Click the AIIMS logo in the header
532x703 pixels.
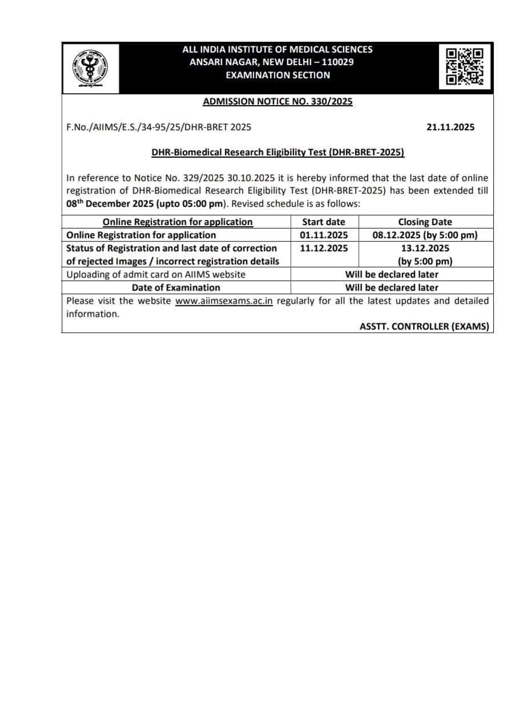coord(90,68)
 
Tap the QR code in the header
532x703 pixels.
coord(465,66)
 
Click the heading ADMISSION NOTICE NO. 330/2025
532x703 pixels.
coord(277,102)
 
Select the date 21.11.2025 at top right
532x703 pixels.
coord(450,127)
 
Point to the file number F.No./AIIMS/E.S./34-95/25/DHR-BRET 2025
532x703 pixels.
coord(159,127)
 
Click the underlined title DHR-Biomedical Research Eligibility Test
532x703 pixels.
coord(277,152)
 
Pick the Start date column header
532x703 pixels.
coord(323,222)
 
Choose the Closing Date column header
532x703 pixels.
coord(425,222)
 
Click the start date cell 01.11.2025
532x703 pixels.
coord(323,235)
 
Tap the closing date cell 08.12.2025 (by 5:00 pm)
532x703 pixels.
coord(425,235)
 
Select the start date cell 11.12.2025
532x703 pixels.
coord(323,248)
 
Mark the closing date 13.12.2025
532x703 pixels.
coord(425,248)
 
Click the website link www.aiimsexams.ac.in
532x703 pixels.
coord(224,301)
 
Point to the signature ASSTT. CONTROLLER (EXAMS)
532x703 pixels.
coord(424,327)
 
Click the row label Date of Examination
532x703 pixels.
coord(176,288)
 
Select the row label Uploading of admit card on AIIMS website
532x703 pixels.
coord(156,274)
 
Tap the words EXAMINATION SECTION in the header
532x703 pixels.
coord(277,75)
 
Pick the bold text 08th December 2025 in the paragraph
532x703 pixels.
coord(107,204)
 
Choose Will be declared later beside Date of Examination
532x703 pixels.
coord(392,288)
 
